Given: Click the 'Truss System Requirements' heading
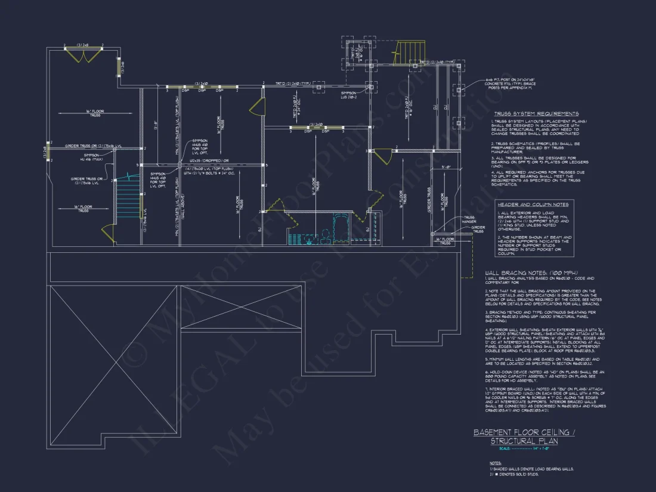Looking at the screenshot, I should pyautogui.click(x=536, y=113).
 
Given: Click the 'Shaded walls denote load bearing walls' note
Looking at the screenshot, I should pyautogui.click(x=532, y=469).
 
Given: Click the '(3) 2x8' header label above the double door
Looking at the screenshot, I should pyautogui.click(x=83, y=44).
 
